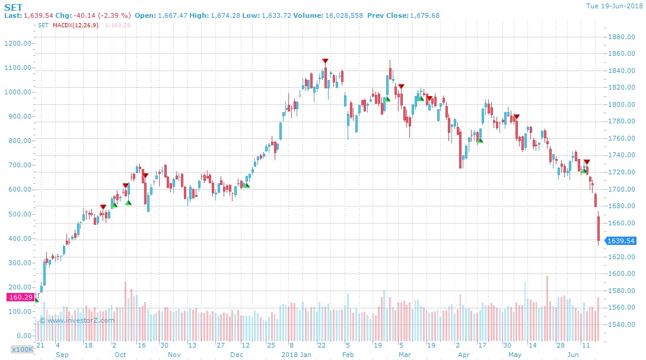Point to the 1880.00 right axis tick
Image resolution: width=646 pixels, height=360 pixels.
[622, 37]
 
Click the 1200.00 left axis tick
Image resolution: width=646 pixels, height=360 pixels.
[18, 43]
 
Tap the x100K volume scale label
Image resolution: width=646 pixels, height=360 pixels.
[22, 349]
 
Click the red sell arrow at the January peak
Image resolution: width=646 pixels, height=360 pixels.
[325, 61]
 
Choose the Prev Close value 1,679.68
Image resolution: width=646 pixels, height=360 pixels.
[421, 15]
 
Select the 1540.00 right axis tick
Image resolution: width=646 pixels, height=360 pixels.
[622, 324]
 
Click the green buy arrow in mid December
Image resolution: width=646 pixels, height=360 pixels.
[246, 186]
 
